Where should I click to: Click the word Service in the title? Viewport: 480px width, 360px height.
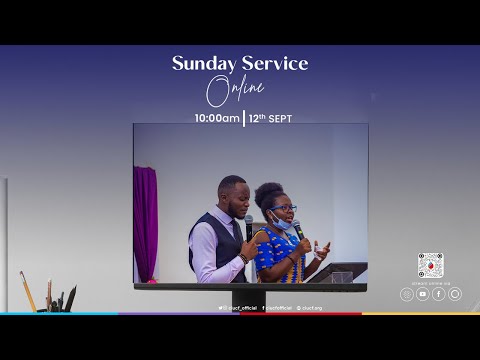[271, 64]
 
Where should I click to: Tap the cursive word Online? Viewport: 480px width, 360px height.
[235, 92]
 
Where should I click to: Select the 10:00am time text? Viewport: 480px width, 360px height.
[217, 117]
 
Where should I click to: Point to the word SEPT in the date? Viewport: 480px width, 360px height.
[279, 117]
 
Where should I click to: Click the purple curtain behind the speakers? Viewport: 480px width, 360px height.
[146, 221]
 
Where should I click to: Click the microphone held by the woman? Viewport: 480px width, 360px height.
[298, 229]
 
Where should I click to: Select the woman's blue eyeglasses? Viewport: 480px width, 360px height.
[282, 209]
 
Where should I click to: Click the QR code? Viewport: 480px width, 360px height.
[430, 265]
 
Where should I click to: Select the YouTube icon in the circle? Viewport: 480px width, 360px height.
[422, 294]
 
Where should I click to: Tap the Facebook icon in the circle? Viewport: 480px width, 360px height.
[438, 294]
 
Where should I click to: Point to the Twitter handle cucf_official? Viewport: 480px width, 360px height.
[236, 308]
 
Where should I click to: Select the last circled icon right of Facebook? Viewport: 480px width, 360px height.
[455, 294]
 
